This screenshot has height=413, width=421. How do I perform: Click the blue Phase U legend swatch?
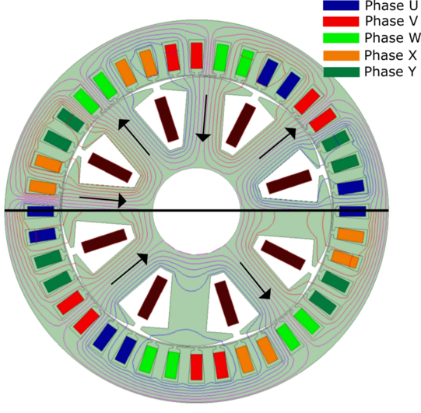pyautogui.click(x=341, y=5)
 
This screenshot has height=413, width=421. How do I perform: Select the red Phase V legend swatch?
pyautogui.click(x=341, y=21)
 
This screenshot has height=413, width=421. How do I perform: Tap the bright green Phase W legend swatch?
pyautogui.click(x=341, y=38)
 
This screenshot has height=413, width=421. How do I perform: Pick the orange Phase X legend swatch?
pyautogui.click(x=341, y=55)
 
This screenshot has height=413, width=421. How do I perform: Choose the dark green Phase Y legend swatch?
pyautogui.click(x=341, y=72)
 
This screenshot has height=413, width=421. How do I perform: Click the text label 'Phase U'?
pyautogui.click(x=391, y=5)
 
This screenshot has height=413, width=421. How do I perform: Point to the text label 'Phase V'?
pyautogui.click(x=391, y=21)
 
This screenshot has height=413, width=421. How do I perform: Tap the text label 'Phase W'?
pyautogui.click(x=392, y=38)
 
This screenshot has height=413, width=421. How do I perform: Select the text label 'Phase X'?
pyautogui.click(x=391, y=55)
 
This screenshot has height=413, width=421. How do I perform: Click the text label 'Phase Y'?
pyautogui.click(x=390, y=72)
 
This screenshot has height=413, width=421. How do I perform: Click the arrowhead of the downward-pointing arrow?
pyautogui.click(x=203, y=138)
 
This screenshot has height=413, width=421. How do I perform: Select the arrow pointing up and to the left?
pyautogui.click(x=134, y=137)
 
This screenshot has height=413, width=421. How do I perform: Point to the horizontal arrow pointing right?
pyautogui.click(x=103, y=200)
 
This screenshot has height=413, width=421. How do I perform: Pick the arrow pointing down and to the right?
pyautogui.click(x=254, y=281)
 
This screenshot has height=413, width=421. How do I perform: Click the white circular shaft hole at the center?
pyautogui.click(x=196, y=212)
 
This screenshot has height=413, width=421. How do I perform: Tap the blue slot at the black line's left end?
pyautogui.click(x=40, y=212)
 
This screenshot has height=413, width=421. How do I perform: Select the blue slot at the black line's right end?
pyautogui.click(x=353, y=212)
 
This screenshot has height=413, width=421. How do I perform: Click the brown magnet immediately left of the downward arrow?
pyautogui.click(x=167, y=120)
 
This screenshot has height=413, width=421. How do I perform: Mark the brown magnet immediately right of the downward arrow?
pyautogui.click(x=240, y=125)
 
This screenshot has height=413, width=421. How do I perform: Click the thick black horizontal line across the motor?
pyautogui.click(x=197, y=211)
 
